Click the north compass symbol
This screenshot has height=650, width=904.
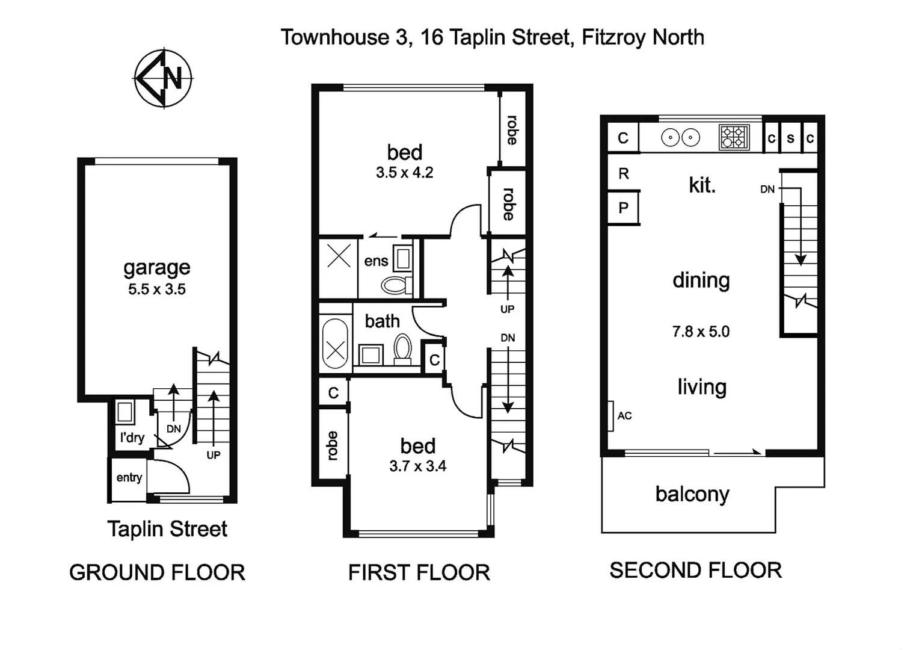(163, 78)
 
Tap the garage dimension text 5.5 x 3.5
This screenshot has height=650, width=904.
(156, 289)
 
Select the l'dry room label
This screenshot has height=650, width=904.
(132, 438)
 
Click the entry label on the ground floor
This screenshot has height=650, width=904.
(129, 478)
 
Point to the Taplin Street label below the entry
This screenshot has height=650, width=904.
(167, 529)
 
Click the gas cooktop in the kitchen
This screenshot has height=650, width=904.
(734, 137)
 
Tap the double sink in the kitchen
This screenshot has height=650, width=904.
(680, 138)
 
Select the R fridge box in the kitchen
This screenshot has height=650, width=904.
(623, 174)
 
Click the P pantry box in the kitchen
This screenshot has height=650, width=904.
(623, 208)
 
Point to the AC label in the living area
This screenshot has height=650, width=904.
(624, 416)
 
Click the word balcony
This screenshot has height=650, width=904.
(692, 494)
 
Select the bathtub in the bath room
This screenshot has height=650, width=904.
(335, 344)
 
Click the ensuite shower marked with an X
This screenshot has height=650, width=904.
(339, 258)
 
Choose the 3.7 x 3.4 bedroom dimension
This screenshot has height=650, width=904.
(417, 466)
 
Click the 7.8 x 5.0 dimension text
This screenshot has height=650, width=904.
(701, 332)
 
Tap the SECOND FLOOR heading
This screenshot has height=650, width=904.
(695, 571)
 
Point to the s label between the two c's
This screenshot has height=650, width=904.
(790, 138)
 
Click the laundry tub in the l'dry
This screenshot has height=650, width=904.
(125, 412)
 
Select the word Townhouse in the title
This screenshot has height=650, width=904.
(334, 37)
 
